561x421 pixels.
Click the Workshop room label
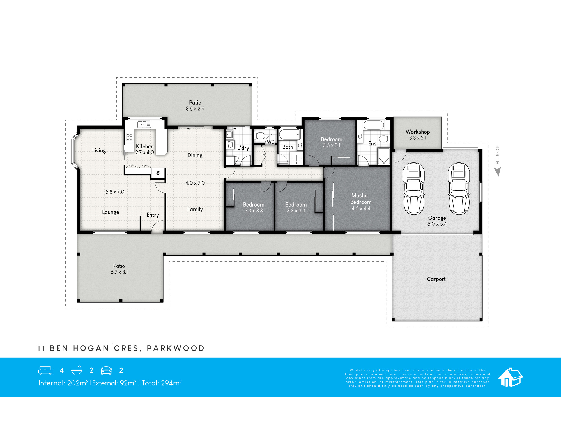click(418, 132)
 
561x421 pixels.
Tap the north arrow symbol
click(498, 171)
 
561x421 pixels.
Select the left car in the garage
click(414, 188)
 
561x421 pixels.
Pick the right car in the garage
click(459, 188)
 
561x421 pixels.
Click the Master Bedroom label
click(360, 199)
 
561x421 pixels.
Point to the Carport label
click(436, 279)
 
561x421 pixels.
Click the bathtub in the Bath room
click(290, 134)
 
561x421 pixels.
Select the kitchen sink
click(144, 124)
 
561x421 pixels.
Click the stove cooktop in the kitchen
click(130, 137)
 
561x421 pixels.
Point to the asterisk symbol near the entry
click(158, 173)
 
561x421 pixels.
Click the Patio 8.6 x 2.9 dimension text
click(195, 109)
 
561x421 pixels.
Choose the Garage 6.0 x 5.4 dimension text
click(437, 224)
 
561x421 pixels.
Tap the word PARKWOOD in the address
click(176, 348)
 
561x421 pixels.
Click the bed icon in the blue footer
click(45, 370)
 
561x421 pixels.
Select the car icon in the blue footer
click(106, 370)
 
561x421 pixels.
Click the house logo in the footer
click(511, 377)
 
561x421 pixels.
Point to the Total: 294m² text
click(162, 383)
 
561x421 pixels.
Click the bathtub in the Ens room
click(374, 125)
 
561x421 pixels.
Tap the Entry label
click(153, 215)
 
